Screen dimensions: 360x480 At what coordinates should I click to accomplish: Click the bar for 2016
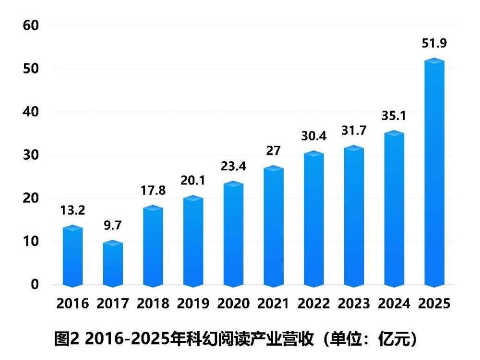pyautogui.click(x=73, y=257)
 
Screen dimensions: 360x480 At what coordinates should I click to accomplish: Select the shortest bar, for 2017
pyautogui.click(x=113, y=264)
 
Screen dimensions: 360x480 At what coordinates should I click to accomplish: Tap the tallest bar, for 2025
pyautogui.click(x=434, y=173)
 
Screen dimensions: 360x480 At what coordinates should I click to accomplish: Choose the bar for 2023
pyautogui.click(x=354, y=216)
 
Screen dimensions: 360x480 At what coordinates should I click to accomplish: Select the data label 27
pyautogui.click(x=274, y=150)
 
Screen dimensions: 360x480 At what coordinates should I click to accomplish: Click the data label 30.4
pyautogui.click(x=314, y=136)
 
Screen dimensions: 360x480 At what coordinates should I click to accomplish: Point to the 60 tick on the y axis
pyautogui.click(x=32, y=25)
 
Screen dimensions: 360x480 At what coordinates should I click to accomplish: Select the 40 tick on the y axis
pyautogui.click(x=32, y=112)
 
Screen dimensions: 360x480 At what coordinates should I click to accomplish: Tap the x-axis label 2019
pyautogui.click(x=193, y=304)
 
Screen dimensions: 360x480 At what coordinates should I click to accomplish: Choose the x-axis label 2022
pyautogui.click(x=314, y=304)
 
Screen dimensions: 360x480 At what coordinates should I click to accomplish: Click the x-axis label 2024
pyautogui.click(x=394, y=304)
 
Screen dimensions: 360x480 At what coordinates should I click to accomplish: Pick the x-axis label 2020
pyautogui.click(x=233, y=304)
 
